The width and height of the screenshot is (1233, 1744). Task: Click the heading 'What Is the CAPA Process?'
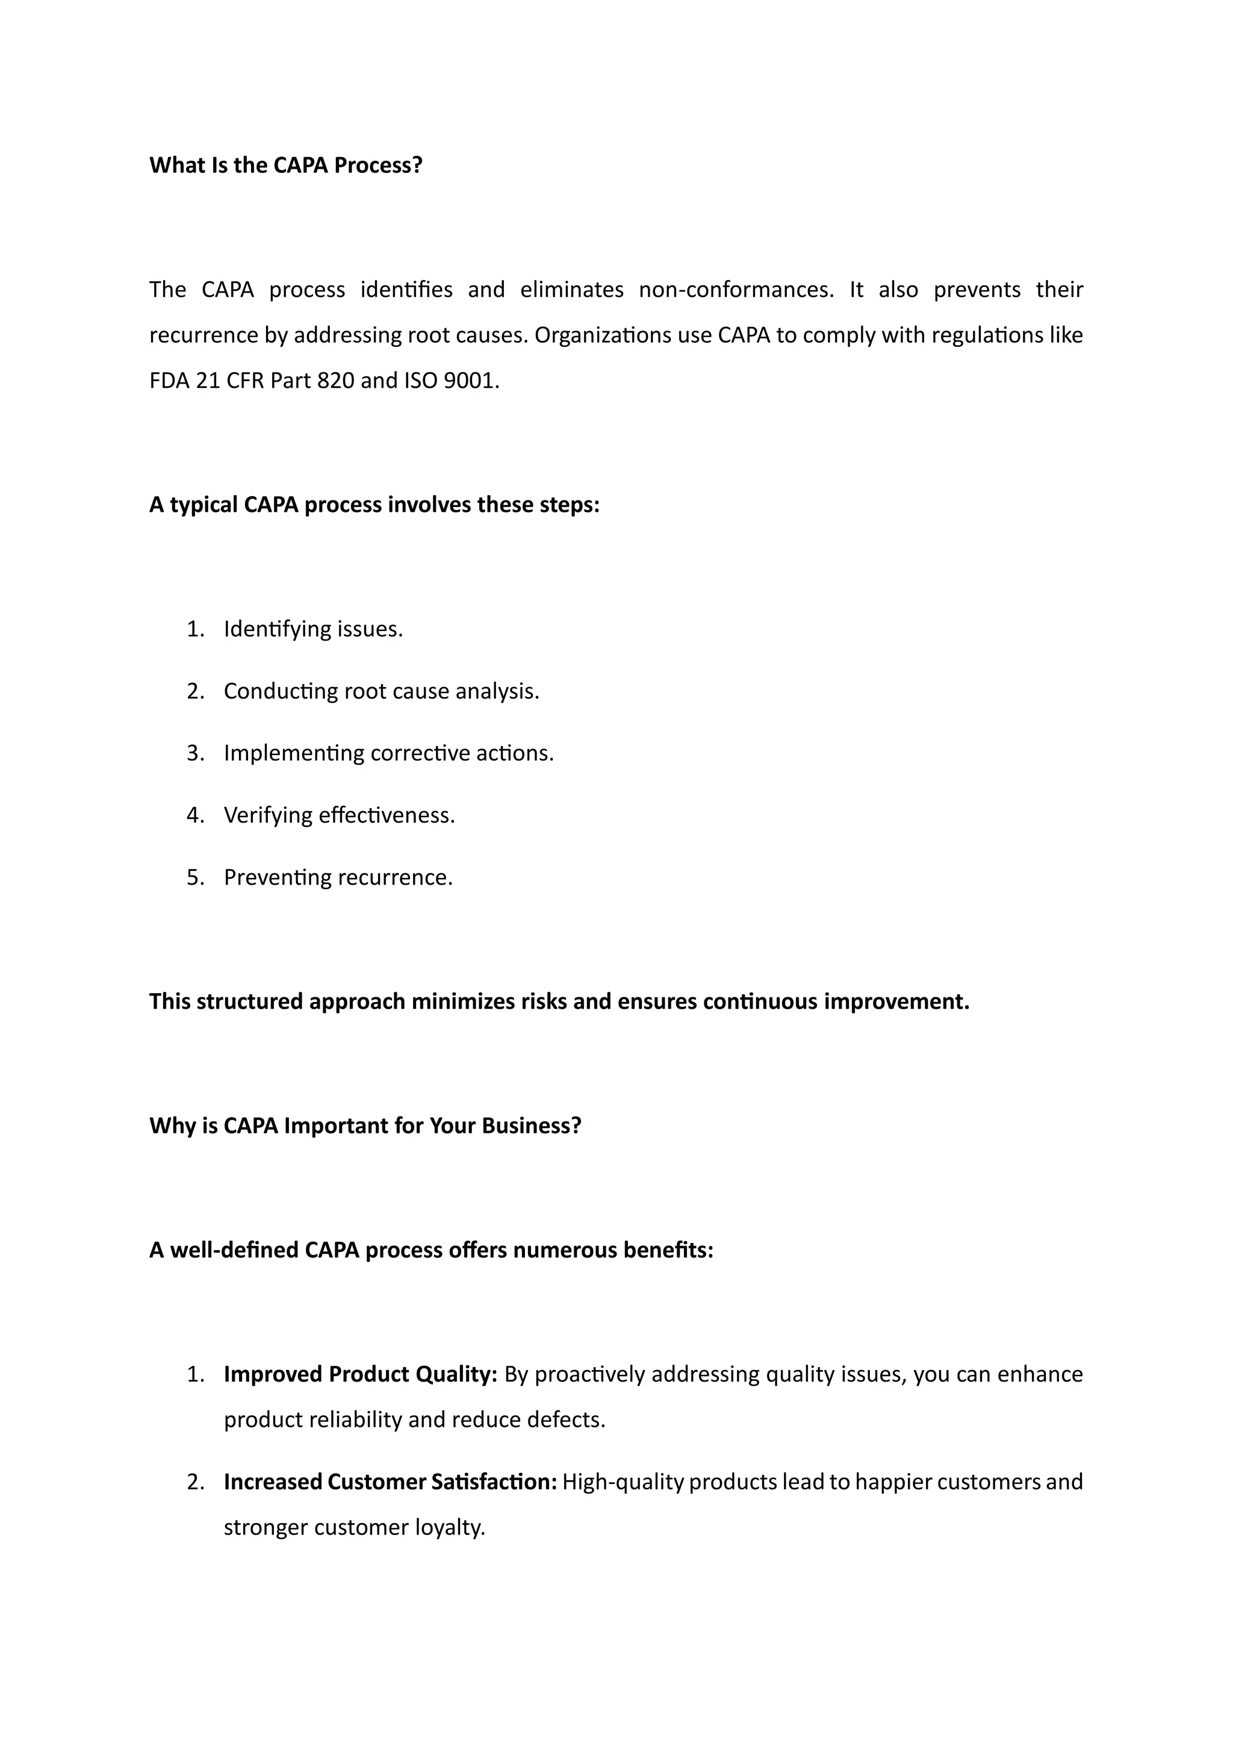(285, 165)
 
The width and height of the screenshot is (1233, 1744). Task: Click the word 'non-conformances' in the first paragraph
(735, 290)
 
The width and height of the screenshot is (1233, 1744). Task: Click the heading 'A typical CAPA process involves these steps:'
(374, 505)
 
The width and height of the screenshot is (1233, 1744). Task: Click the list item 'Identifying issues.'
(313, 629)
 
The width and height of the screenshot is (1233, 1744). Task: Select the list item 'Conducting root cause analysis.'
(381, 691)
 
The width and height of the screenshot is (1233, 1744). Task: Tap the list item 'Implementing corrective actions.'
(389, 753)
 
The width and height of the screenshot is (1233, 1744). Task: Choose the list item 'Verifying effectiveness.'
(340, 815)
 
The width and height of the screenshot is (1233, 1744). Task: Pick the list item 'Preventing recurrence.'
(338, 877)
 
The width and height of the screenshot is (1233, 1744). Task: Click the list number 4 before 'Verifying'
(194, 815)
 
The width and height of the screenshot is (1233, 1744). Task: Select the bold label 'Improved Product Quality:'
(361, 1374)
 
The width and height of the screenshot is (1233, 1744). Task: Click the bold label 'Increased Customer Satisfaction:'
(390, 1481)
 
